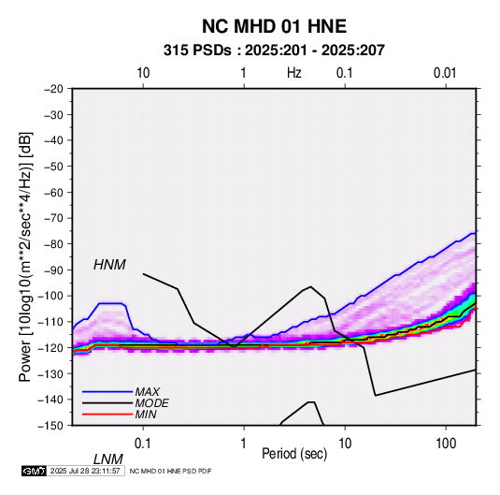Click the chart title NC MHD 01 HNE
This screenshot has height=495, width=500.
pos(274,26)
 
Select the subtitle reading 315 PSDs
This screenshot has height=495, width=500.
pos(197,51)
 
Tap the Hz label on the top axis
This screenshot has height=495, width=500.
pos(294,73)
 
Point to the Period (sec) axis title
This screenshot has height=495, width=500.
pos(294,454)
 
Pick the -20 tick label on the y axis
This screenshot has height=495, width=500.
pos(53,89)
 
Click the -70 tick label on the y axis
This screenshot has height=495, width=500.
pos(53,218)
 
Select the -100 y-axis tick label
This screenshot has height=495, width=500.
pos(50,296)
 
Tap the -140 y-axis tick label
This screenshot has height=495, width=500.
pos(50,400)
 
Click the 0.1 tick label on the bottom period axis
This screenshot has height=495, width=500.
pos(143,444)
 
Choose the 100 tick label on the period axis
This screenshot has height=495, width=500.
pos(446,444)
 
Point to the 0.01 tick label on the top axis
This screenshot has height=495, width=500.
pos(445,73)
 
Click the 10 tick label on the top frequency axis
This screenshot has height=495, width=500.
pos(143,73)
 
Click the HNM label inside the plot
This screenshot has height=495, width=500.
pos(109,265)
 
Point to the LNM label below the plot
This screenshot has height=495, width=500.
pos(108,459)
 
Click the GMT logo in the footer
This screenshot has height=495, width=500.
pos(34,471)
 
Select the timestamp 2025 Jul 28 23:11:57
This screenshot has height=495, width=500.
pos(85,471)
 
